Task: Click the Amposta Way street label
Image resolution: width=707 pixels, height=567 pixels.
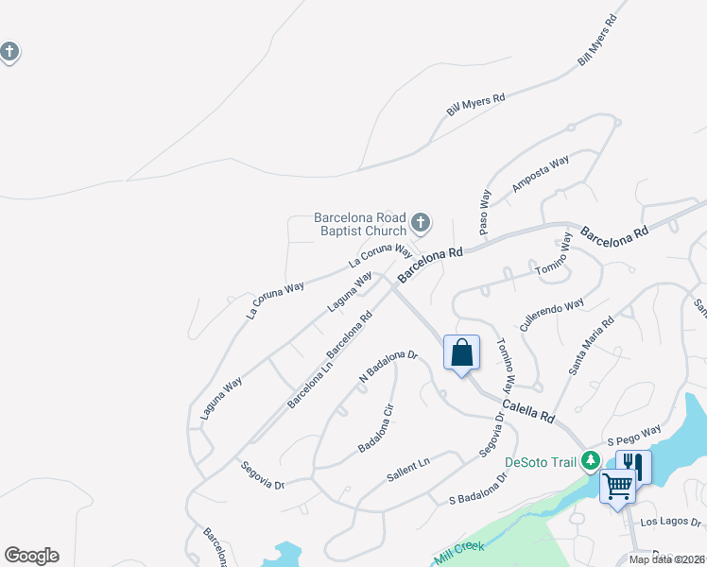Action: coord(541,174)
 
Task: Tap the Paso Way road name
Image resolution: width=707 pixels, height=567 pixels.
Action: coord(485,213)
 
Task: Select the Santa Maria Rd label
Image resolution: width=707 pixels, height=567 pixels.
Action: coord(592,346)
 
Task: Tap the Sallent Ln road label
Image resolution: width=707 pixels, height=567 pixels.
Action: coord(408,470)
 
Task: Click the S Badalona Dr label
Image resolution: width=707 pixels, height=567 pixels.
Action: coord(478,488)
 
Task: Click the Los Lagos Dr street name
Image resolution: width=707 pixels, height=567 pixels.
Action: coord(671,522)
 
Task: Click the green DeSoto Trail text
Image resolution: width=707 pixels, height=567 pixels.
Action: coord(540,462)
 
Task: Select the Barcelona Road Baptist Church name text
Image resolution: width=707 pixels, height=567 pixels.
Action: coord(360,224)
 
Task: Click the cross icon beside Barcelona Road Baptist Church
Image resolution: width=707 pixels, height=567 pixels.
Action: coord(422,224)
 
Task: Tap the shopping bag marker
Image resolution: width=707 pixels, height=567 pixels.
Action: coord(461,353)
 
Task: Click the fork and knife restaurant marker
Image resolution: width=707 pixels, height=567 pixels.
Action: coord(633,465)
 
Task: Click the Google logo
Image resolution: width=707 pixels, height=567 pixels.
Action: coord(31,556)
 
